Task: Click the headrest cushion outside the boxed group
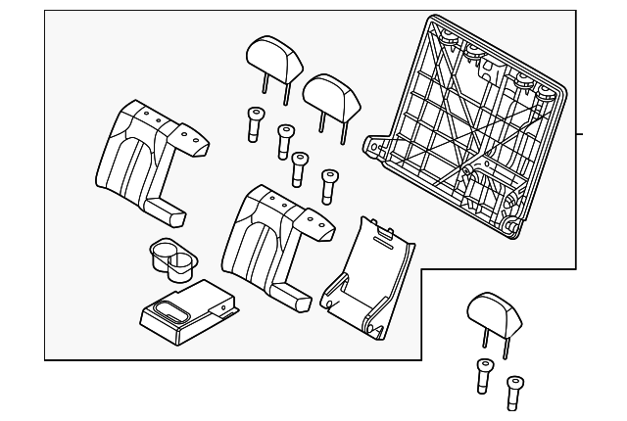487,311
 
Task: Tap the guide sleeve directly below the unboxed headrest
481,375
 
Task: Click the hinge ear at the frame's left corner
372,147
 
